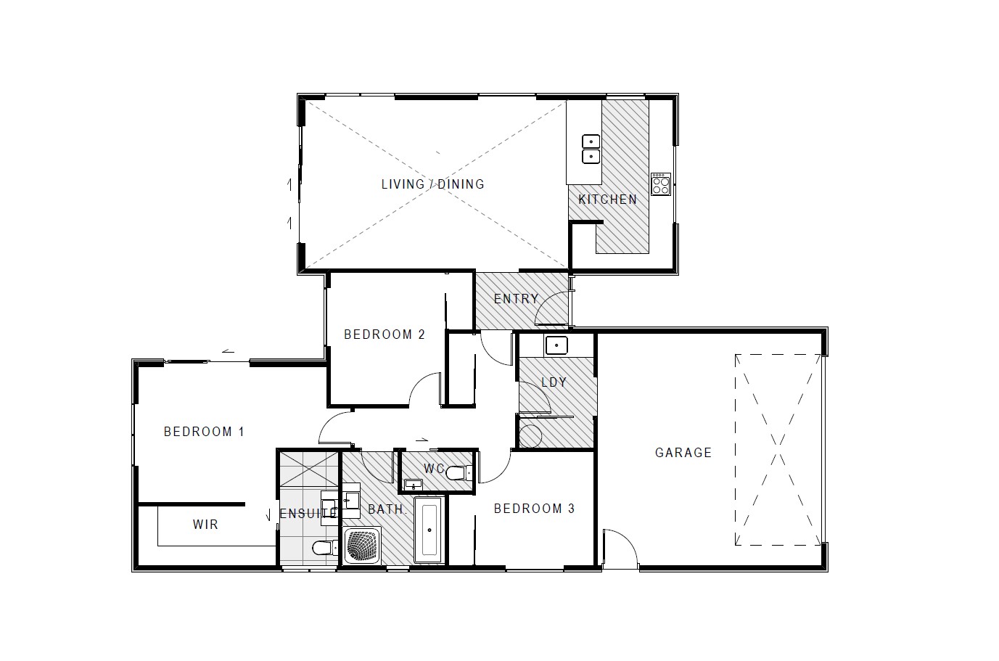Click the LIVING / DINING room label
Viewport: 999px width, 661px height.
[x=432, y=184]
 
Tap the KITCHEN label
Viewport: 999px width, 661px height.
[x=607, y=200]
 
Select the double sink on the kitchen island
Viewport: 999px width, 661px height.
[x=591, y=149]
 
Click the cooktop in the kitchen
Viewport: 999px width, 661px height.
[x=660, y=184]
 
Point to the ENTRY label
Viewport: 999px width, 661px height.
[x=516, y=299]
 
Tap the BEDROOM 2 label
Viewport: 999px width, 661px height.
[x=384, y=334]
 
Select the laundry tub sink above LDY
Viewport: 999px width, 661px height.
[x=556, y=345]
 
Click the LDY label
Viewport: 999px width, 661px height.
[x=554, y=382]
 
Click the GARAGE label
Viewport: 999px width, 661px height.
[x=683, y=453]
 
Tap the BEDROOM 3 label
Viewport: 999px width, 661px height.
[x=534, y=509]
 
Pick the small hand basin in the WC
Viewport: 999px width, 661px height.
[x=414, y=484]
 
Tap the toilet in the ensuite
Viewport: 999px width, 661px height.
[x=322, y=547]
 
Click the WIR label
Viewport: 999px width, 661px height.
[x=205, y=525]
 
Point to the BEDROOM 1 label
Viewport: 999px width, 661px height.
[x=204, y=432]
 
